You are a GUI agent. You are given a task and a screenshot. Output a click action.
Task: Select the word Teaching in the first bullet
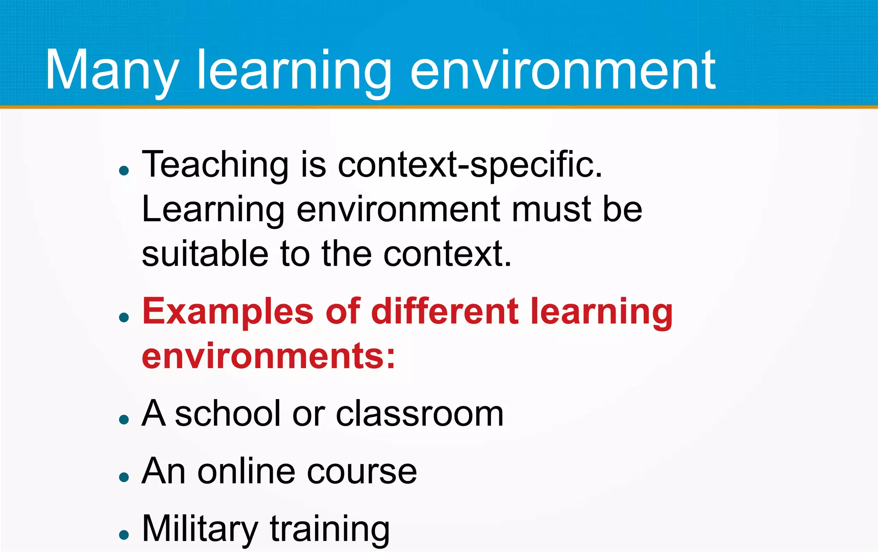click(x=215, y=165)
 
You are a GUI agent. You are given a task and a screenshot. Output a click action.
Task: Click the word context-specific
click(x=470, y=165)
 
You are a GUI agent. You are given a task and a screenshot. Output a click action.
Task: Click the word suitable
click(x=205, y=254)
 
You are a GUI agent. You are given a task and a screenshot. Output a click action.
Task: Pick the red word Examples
click(x=228, y=312)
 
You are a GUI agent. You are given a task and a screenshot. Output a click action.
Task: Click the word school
click(x=228, y=414)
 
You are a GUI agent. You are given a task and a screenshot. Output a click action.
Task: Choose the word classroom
click(x=420, y=414)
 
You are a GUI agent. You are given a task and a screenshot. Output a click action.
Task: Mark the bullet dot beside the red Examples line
click(x=124, y=318)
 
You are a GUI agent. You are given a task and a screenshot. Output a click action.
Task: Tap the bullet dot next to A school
click(x=124, y=420)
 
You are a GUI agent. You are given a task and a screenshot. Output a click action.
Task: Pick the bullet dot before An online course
click(x=124, y=477)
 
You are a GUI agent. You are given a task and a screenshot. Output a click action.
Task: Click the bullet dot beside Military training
click(x=124, y=535)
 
